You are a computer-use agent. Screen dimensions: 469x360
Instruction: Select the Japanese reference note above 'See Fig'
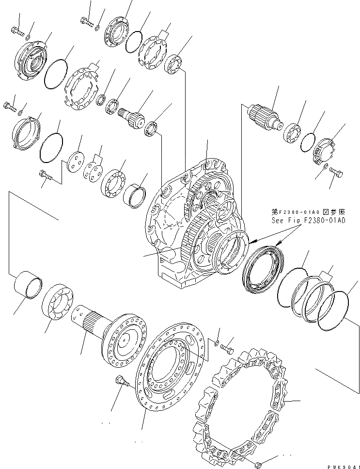[308, 212]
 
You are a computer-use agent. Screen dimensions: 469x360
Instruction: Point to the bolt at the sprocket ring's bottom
[261, 458]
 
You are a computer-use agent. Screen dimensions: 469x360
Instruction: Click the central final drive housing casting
[194, 223]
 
